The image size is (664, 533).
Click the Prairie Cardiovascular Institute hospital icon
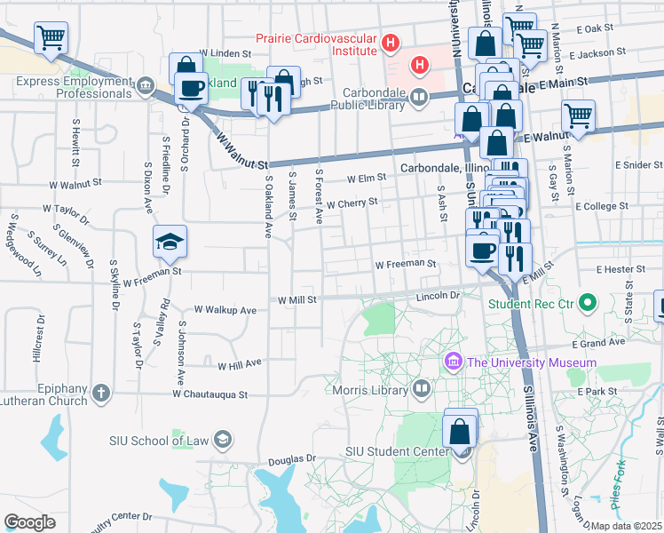(x=388, y=43)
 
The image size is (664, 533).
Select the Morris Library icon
(x=422, y=388)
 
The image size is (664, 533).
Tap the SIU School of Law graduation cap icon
(x=223, y=440)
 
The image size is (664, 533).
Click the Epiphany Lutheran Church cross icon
(x=102, y=392)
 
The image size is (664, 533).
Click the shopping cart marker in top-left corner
(x=51, y=38)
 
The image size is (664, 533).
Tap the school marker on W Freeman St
(x=168, y=242)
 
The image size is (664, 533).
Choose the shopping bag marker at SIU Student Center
(x=461, y=432)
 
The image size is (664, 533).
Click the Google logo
(x=29, y=522)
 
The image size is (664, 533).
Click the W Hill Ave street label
(x=240, y=363)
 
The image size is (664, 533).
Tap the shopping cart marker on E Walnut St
(x=578, y=115)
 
